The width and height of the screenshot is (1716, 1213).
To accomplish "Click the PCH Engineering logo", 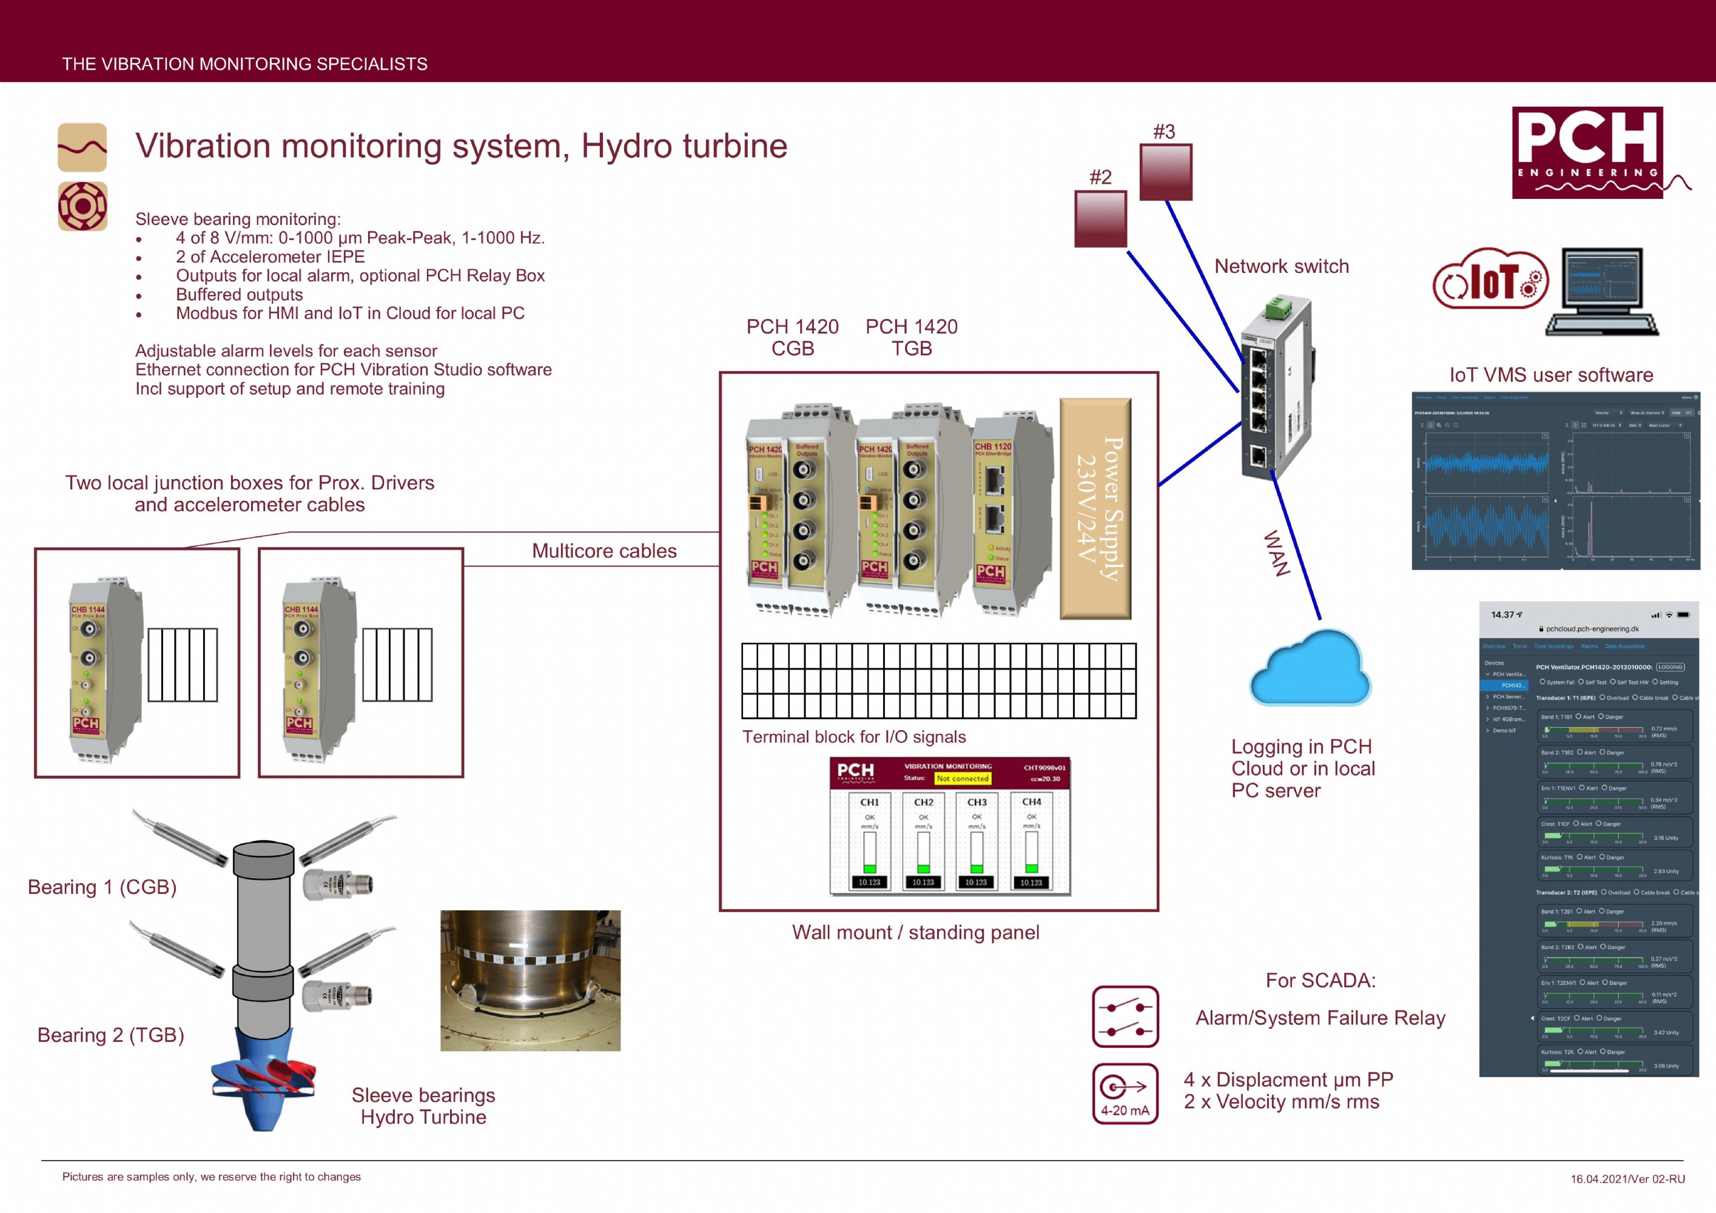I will tap(1587, 152).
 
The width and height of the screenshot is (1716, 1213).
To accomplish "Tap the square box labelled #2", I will tap(1100, 219).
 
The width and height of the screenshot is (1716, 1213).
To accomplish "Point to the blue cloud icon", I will tap(1310, 669).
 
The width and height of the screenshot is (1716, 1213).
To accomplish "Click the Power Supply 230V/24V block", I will tap(1095, 509).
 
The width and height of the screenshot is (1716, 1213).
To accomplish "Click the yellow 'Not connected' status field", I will tap(963, 779).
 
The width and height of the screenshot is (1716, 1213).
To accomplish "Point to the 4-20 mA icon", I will tap(1125, 1094).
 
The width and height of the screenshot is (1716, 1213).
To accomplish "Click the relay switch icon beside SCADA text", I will tap(1125, 1017).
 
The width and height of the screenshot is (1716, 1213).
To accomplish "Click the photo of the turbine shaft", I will tap(530, 981).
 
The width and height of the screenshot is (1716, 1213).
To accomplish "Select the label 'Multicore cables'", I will tap(604, 551).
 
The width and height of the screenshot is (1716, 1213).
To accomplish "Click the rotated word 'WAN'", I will tap(1276, 553).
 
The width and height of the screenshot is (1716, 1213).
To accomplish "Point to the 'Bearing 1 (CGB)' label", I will tap(103, 887).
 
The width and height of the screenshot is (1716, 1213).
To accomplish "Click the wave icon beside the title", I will tap(82, 147).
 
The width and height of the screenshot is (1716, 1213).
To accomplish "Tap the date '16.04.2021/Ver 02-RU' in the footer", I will tap(1627, 1178).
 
